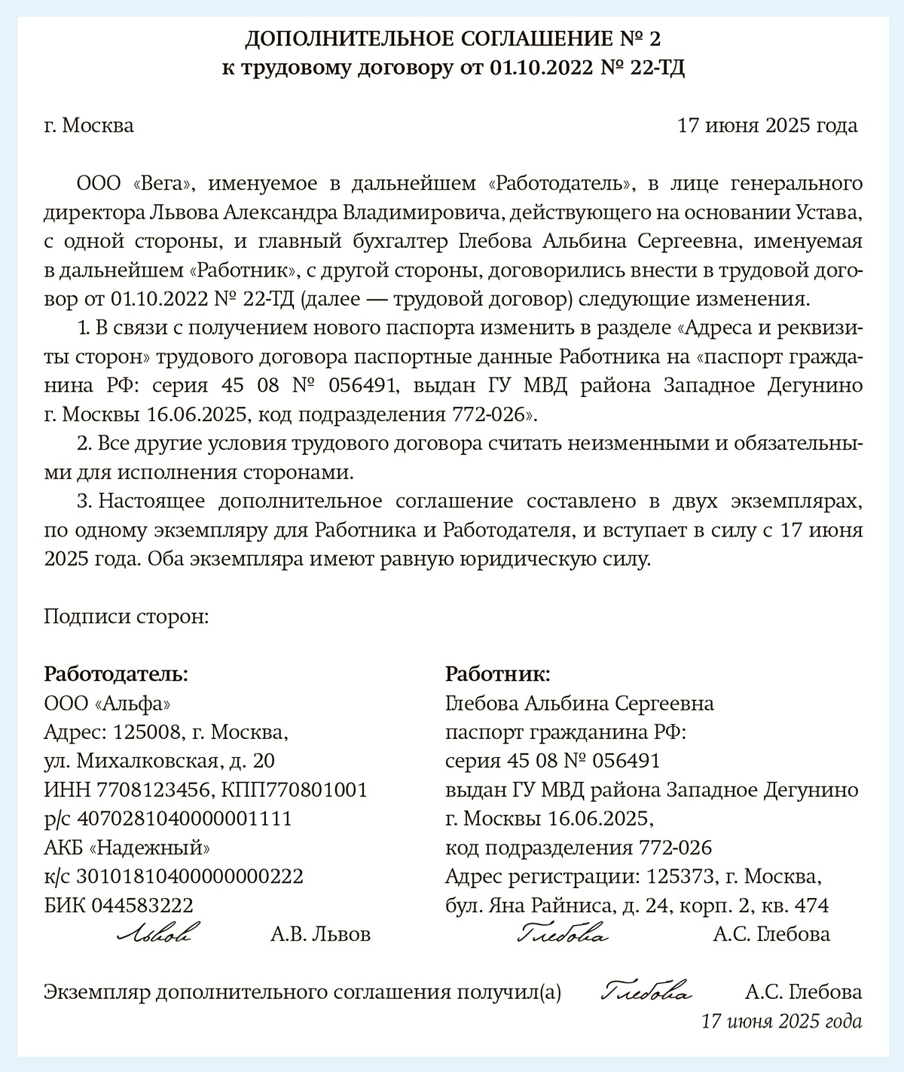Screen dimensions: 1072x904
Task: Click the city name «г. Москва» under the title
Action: click(x=89, y=125)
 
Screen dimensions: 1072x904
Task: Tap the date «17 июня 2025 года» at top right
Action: click(x=768, y=125)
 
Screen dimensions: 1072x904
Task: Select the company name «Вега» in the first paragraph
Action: click(x=163, y=183)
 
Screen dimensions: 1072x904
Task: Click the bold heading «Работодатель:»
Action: click(x=116, y=673)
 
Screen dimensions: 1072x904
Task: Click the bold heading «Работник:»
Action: click(x=498, y=673)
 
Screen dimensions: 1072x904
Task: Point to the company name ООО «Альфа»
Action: click(x=107, y=704)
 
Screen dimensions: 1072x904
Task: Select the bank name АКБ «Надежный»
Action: click(x=127, y=848)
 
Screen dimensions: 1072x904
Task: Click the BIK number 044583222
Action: click(x=142, y=905)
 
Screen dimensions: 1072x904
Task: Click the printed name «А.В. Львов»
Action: click(x=320, y=935)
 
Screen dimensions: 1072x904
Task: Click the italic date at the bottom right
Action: click(x=781, y=1022)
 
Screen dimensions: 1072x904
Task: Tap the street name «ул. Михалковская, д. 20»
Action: click(x=160, y=761)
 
